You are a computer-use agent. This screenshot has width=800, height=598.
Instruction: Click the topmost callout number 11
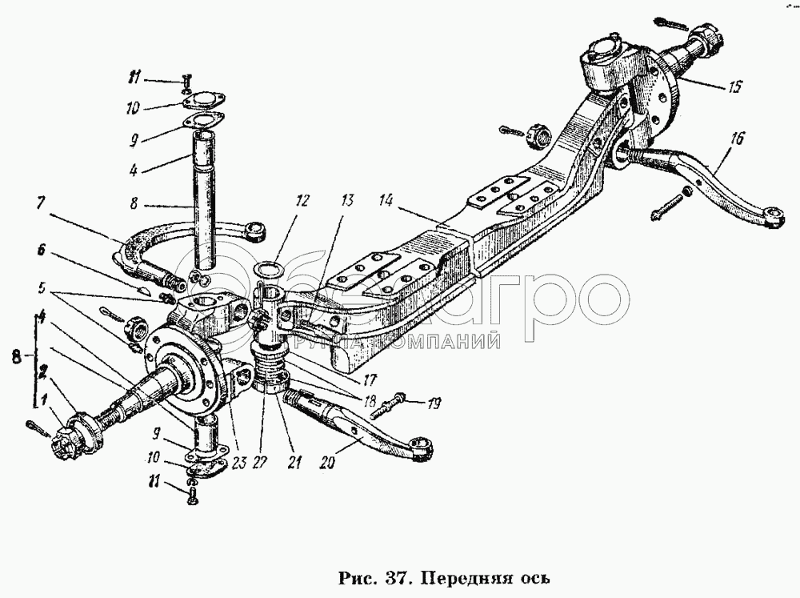pos(135,78)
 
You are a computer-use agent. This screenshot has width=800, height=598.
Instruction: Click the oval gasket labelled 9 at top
pos(206,122)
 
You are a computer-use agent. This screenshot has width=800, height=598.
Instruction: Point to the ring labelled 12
pos(269,268)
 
